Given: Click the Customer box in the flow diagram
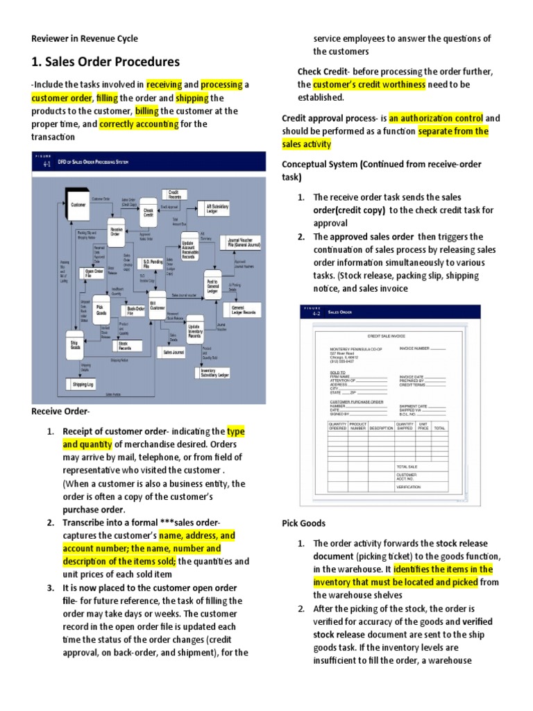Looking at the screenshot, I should click(78, 205).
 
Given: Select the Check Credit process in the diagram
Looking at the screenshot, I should click(149, 212).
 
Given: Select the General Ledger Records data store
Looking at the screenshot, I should click(243, 310).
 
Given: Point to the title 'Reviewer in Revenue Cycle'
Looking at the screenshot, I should click(85, 39).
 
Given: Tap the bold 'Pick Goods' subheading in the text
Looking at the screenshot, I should click(303, 522).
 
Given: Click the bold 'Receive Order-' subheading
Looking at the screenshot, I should click(60, 412).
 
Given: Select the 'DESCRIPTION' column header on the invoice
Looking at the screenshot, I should click(381, 428).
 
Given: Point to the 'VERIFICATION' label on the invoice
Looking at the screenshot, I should click(409, 487).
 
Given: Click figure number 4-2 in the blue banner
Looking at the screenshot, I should click(316, 314).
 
